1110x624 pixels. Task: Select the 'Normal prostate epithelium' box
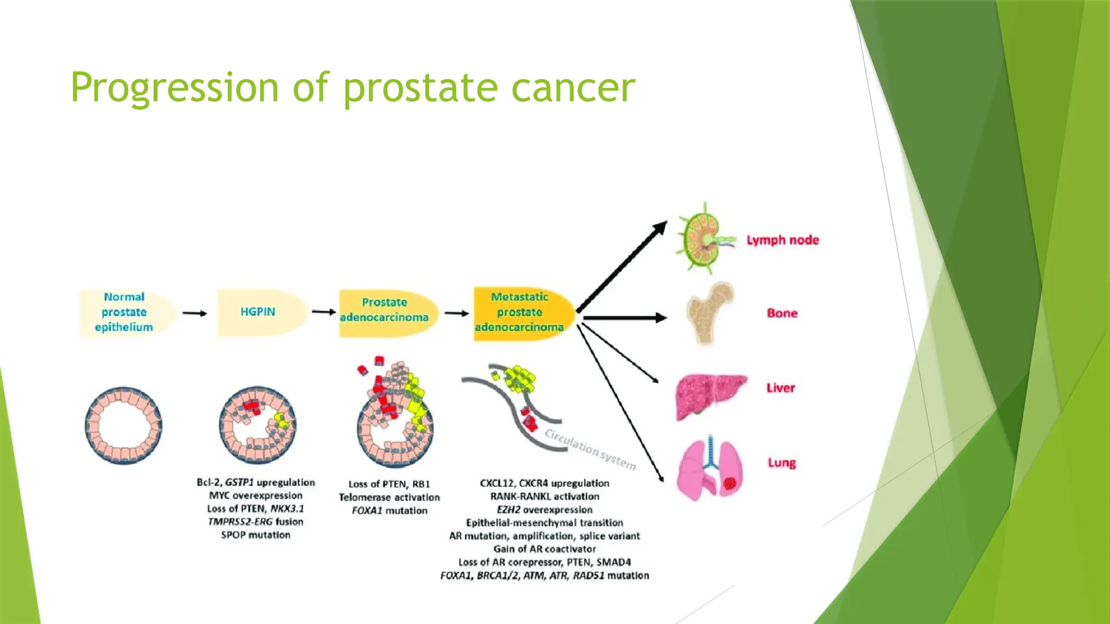pos(125,313)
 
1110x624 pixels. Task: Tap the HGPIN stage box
pos(259,313)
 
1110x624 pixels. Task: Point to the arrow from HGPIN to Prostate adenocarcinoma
pos(324,312)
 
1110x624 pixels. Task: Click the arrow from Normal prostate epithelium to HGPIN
pos(195,313)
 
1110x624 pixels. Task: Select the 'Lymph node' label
pos(782,240)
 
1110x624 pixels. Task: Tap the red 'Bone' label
pos(782,313)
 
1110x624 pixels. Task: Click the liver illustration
pos(709,395)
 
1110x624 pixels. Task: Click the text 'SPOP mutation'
pos(255,535)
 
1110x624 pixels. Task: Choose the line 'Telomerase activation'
pos(389,497)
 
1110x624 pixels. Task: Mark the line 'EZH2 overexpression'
pos(544,510)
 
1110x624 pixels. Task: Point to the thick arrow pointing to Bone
pos(623,318)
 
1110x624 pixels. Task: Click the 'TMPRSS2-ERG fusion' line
pos(255,522)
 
